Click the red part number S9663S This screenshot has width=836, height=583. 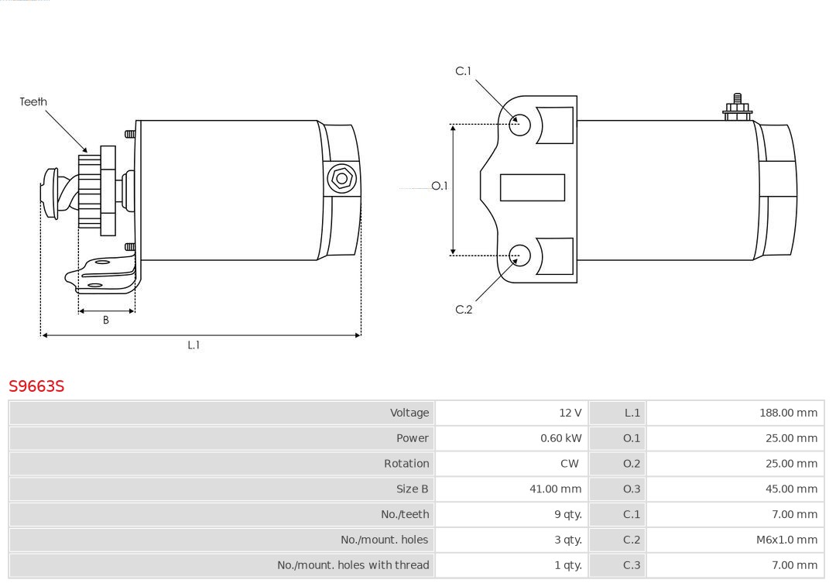point(36,386)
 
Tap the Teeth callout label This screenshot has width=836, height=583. point(33,101)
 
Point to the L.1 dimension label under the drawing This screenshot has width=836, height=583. point(194,345)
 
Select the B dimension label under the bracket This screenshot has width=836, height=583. point(105,320)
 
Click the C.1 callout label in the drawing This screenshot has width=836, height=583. point(464,71)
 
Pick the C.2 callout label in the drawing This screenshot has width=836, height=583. point(464,310)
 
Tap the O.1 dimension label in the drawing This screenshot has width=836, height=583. point(440,186)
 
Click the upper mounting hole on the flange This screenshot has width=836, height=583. point(519,125)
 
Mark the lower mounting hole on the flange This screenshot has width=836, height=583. point(519,255)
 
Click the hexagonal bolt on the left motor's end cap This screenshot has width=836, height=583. point(341,179)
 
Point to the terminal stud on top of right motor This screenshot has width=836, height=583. point(738,107)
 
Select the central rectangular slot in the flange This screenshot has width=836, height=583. point(532,188)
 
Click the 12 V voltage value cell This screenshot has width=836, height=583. point(570,413)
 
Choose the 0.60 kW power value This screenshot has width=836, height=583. point(561,438)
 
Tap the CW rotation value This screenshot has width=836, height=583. point(570,464)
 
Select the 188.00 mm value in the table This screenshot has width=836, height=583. point(788,413)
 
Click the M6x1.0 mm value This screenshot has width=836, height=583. point(786,540)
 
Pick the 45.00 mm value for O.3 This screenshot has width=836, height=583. point(791,489)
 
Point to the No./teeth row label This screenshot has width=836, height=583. point(405,514)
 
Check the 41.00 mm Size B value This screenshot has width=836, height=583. point(555,489)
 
